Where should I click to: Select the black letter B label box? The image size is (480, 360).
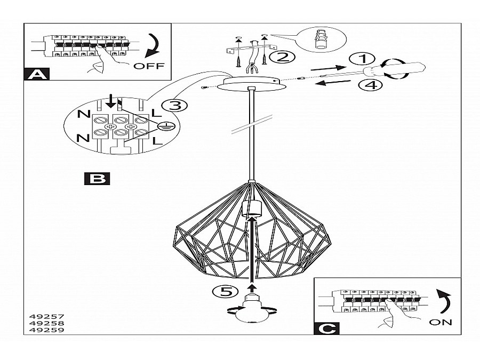point(97,178)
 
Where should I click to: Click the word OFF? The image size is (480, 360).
point(149,66)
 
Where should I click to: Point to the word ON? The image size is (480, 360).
point(440,322)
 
